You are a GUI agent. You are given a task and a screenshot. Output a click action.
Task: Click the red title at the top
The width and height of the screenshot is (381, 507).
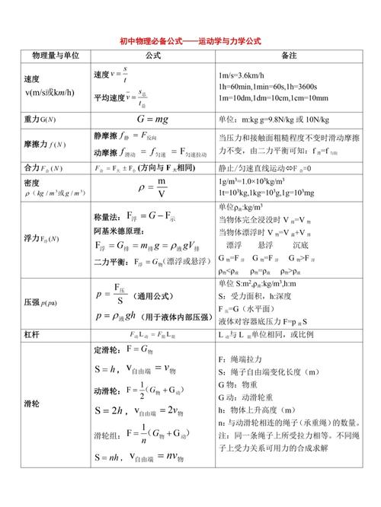[x=190, y=41]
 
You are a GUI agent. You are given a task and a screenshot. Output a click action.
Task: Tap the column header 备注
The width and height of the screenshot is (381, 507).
[x=289, y=56]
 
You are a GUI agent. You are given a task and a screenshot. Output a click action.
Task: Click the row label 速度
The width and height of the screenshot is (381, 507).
[x=32, y=79]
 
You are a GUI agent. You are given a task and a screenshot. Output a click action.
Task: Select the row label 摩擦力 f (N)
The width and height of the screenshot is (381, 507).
[x=44, y=144]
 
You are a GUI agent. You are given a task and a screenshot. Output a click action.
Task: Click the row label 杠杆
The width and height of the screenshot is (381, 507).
[x=32, y=333]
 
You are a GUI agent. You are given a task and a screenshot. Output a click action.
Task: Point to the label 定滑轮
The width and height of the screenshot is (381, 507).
[x=106, y=349]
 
